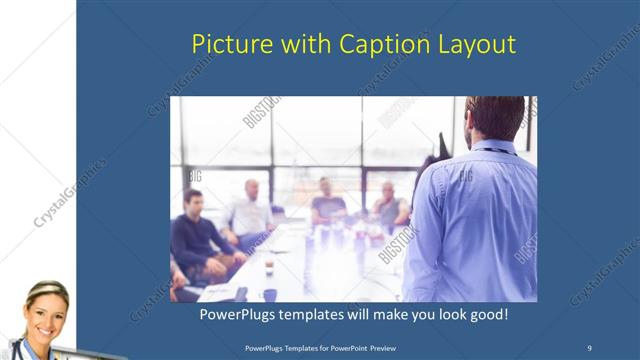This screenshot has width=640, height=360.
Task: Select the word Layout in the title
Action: click(479, 45)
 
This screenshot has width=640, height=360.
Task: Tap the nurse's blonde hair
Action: click(44, 290)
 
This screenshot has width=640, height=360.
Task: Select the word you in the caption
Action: click(415, 315)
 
